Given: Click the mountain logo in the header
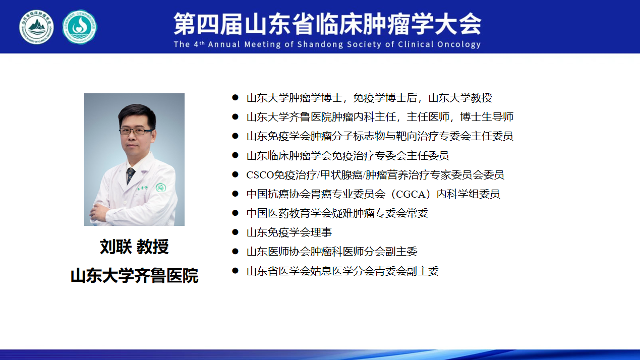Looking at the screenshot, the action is coord(37,27).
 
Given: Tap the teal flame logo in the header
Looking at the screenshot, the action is coord(80,27).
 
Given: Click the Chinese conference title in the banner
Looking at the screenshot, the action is coord(327,24).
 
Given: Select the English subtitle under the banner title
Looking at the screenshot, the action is coord(327,44).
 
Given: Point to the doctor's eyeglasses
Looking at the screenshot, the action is coord(136,132).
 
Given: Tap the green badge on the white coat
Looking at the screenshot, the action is coord(161,188).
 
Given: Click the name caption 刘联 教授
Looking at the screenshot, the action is coord(134,247).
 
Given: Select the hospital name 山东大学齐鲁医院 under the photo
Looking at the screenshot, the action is coord(134,276).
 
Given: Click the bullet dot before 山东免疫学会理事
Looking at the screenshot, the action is coord(235,232).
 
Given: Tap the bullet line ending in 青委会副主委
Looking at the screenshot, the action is coord(342,271).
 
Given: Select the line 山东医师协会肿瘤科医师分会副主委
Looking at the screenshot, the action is coord(332,252).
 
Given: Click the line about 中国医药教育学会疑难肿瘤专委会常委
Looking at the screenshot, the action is coord(337,213).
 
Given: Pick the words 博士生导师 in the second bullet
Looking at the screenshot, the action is coord(487,117).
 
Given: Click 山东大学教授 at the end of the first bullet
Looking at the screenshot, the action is coord(460,98).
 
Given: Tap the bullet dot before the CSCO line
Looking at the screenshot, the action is coord(235,174).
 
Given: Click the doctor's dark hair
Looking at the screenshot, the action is coord(137,114).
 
